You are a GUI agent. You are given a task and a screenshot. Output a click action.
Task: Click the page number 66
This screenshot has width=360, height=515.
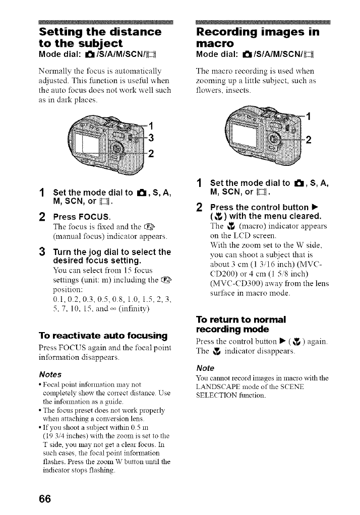coord(44,499)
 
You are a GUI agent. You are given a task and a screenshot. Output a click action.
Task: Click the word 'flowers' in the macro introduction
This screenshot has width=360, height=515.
coord(208,91)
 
